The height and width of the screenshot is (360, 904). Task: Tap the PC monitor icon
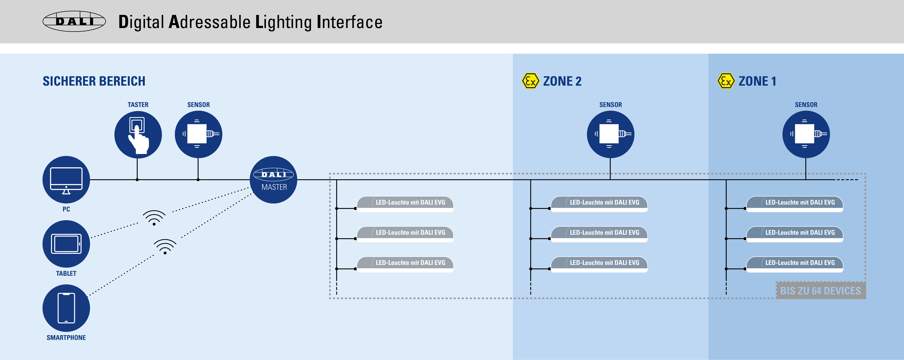[x=66, y=180]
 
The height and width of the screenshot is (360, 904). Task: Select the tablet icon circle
[x=66, y=244]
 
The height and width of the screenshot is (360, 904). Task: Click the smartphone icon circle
[x=66, y=308]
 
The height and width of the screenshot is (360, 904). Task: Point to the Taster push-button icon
[x=138, y=135]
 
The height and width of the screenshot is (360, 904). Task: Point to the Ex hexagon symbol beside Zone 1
[x=726, y=81]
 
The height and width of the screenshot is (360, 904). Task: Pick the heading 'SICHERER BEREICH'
[x=94, y=81]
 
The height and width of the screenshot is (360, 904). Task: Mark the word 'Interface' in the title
[x=350, y=22]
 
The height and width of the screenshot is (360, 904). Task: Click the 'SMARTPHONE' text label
[x=66, y=338]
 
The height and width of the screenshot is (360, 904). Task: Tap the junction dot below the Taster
[x=137, y=180]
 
